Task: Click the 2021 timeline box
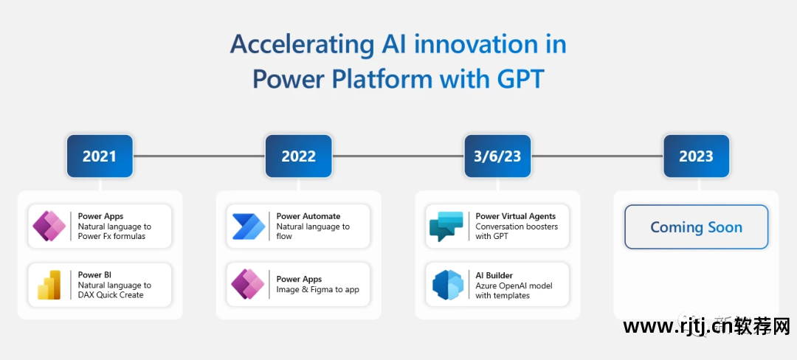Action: point(100,156)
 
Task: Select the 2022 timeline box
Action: point(298,156)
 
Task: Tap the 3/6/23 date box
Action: point(497,156)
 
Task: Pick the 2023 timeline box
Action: point(697,156)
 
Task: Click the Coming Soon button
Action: point(697,227)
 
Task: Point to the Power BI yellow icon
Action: point(49,285)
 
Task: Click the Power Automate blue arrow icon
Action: point(249,226)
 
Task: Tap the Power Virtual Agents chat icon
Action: point(446,226)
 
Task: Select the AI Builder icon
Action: point(448,285)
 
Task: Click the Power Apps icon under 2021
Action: point(49,226)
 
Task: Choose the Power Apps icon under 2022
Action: point(247,284)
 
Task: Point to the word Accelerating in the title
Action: point(301,46)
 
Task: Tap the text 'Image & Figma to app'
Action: point(317,289)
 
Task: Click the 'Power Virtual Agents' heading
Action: point(515,216)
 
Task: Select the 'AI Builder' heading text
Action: point(494,275)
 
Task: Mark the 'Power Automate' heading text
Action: point(308,216)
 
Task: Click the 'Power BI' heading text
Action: point(90,274)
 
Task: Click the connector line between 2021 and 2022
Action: point(199,156)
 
